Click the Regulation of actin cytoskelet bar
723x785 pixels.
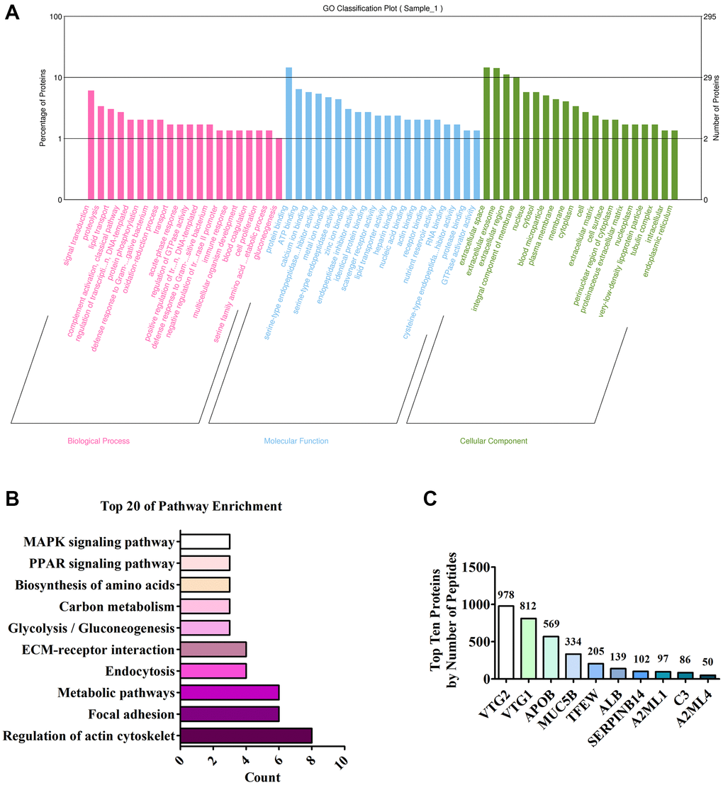pyautogui.click(x=246, y=737)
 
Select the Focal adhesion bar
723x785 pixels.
pyautogui.click(x=230, y=715)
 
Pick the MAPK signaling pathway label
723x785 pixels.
pyautogui.click(x=99, y=543)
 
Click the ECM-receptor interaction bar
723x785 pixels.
pyautogui.click(x=213, y=650)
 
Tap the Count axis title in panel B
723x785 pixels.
pyautogui.click(x=262, y=777)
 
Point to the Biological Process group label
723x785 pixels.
pyautogui.click(x=99, y=441)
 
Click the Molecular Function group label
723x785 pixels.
pyautogui.click(x=296, y=441)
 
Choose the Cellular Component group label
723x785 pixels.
pyautogui.click(x=493, y=441)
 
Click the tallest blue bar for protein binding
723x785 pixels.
pyautogui.click(x=288, y=133)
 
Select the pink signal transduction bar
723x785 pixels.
pyautogui.click(x=91, y=145)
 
